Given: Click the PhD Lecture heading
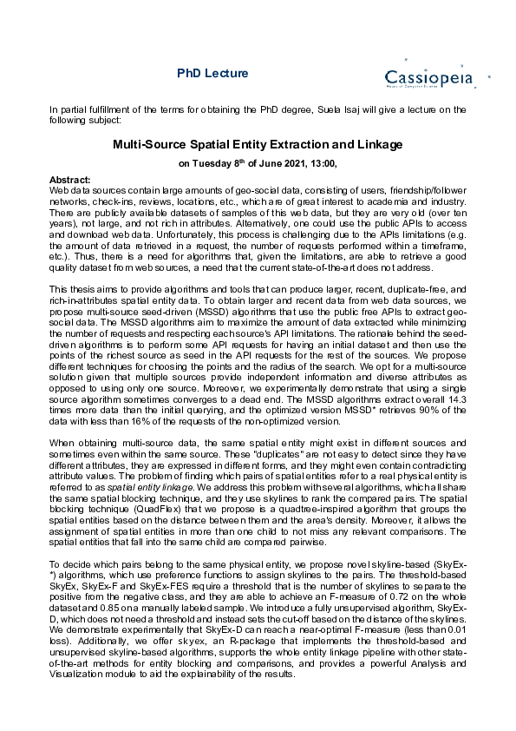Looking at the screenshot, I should click(212, 74).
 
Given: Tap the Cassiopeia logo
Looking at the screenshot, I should click(429, 76).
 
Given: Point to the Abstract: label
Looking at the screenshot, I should click(70, 179).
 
